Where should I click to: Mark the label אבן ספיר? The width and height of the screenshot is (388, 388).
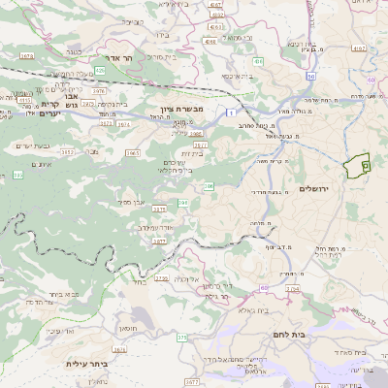133,201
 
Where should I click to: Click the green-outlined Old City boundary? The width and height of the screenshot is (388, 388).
359,166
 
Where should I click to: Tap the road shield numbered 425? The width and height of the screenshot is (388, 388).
100,70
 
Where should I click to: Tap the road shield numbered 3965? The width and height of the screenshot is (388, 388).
133,152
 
